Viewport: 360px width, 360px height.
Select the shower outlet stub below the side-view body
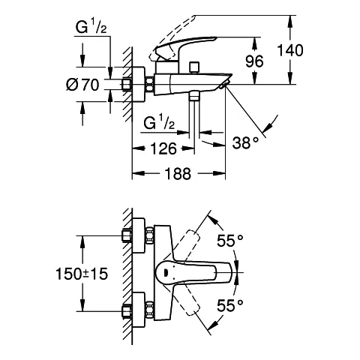point(195,97)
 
